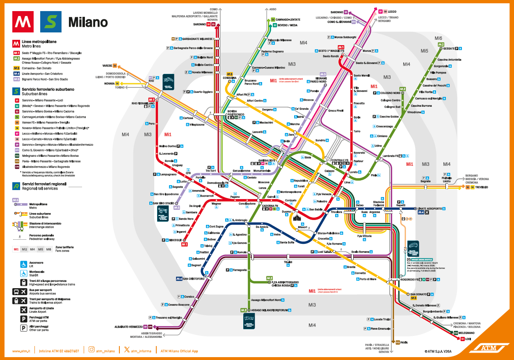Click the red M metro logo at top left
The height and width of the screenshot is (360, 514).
pos(23,22)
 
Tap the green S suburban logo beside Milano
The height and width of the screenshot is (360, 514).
pos(50,22)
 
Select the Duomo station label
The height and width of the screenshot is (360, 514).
pos(286,212)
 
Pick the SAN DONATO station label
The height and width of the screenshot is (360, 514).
pos(418,294)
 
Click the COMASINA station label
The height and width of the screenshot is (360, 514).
pos(229,78)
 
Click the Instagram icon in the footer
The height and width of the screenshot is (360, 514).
pos(91,351)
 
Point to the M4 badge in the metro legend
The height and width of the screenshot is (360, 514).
pos(16,73)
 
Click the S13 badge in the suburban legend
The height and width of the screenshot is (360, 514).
pos(17,161)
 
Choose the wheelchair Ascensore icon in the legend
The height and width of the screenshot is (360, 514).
pos(24,264)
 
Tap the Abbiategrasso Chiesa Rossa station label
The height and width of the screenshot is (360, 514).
pos(285,284)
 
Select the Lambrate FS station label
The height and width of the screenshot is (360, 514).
pos(391,156)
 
